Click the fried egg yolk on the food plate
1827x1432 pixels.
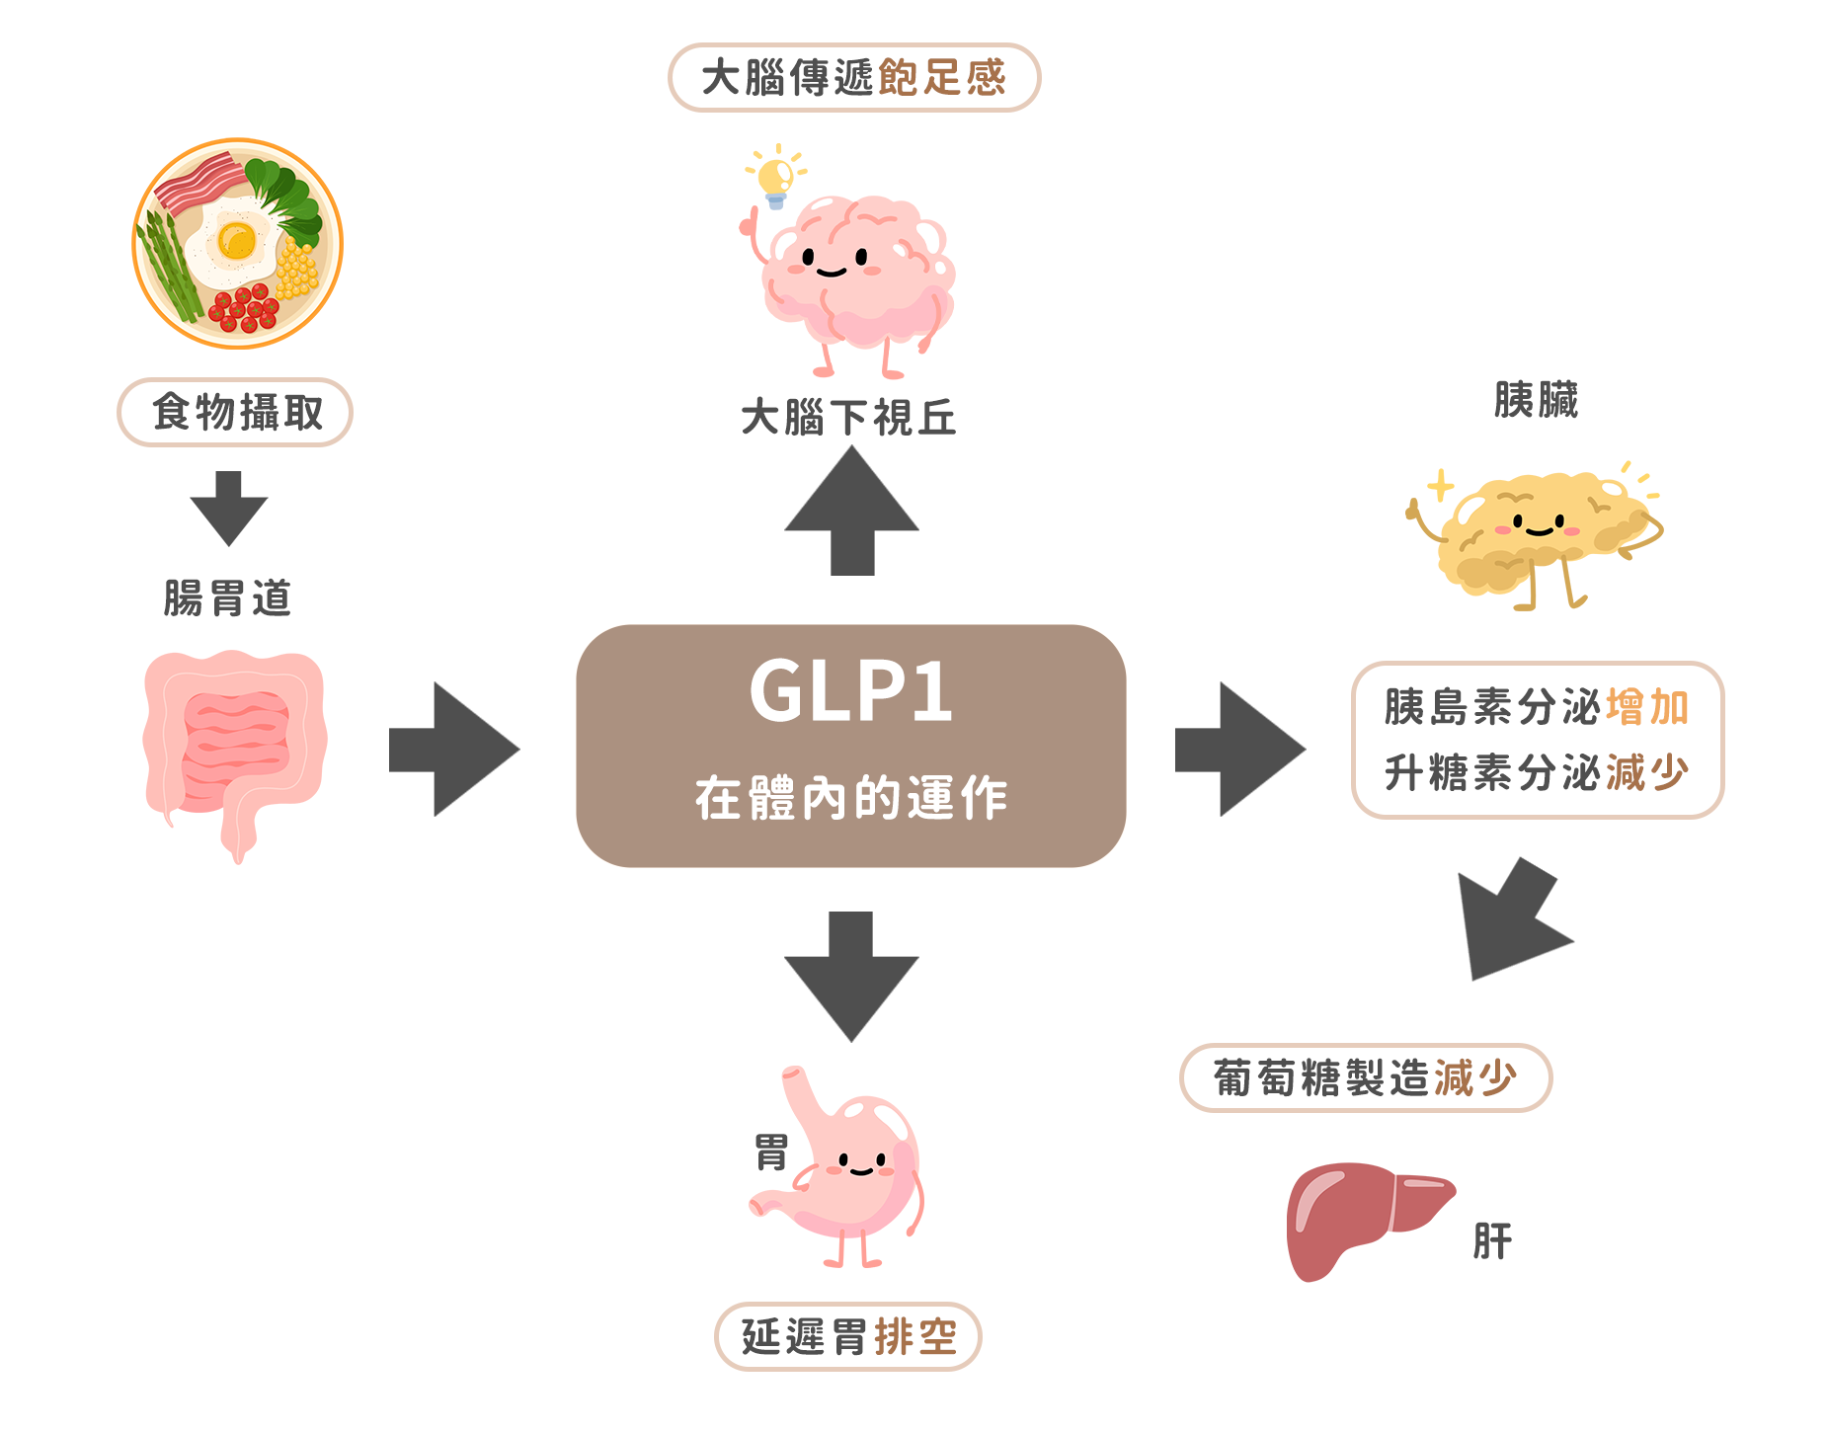pos(237,240)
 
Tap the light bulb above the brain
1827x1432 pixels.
pos(775,178)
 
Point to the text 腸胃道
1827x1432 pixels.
pos(228,598)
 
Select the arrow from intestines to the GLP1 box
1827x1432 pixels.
pos(454,750)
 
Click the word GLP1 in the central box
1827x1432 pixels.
pos(851,691)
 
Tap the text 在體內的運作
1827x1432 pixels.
pos(851,798)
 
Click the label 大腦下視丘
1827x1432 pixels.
pos(849,418)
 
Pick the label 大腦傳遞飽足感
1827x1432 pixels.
pos(854,78)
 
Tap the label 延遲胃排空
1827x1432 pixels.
pos(848,1337)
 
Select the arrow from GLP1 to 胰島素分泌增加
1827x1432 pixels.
pos(1240,750)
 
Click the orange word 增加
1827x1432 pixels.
pos(1647,708)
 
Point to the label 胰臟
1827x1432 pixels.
pos(1536,400)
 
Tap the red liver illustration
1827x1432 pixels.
pos(1358,1215)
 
